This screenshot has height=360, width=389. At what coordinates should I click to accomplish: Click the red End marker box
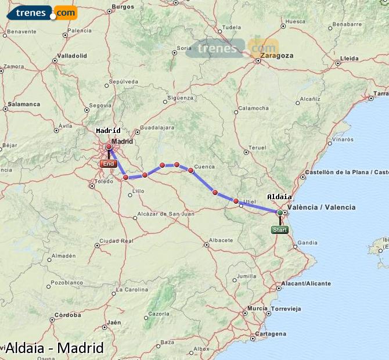pyautogui.click(x=108, y=164)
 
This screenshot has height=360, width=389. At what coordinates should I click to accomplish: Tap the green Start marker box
pyautogui.click(x=279, y=230)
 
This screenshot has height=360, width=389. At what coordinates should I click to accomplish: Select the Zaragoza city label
pyautogui.click(x=277, y=56)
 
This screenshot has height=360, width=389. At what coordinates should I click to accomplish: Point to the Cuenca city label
pyautogui.click(x=204, y=167)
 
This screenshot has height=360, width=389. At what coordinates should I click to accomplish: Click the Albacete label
pyautogui.click(x=221, y=240)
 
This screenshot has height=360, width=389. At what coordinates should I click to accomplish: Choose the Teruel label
pyautogui.click(x=257, y=147)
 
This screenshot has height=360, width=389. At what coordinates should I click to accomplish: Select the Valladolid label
pyautogui.click(x=72, y=56)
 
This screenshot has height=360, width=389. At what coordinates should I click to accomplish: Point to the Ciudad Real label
pyautogui.click(x=117, y=240)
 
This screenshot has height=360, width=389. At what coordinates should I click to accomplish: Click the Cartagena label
pyautogui.click(x=271, y=334)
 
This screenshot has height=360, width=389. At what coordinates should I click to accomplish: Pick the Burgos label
pyautogui.click(x=122, y=7)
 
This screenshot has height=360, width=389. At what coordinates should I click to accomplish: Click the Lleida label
pyautogui.click(x=350, y=58)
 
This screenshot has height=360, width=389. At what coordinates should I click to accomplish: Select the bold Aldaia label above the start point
pyautogui.click(x=279, y=197)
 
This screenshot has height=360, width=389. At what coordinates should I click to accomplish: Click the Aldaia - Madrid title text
pyautogui.click(x=54, y=348)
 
